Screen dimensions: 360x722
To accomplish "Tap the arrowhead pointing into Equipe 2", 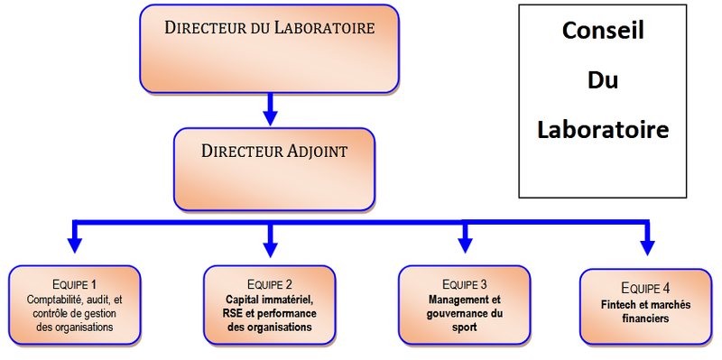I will click(x=269, y=244).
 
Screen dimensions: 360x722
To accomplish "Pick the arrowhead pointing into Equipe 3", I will click(x=464, y=242).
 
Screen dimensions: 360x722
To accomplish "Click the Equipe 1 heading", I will click(x=75, y=284).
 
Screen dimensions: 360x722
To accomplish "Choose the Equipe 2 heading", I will click(x=269, y=284).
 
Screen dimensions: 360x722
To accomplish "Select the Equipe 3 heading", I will click(x=465, y=284).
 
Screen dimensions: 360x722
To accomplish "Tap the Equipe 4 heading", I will click(x=646, y=289).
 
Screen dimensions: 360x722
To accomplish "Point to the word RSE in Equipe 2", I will click(x=232, y=313).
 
